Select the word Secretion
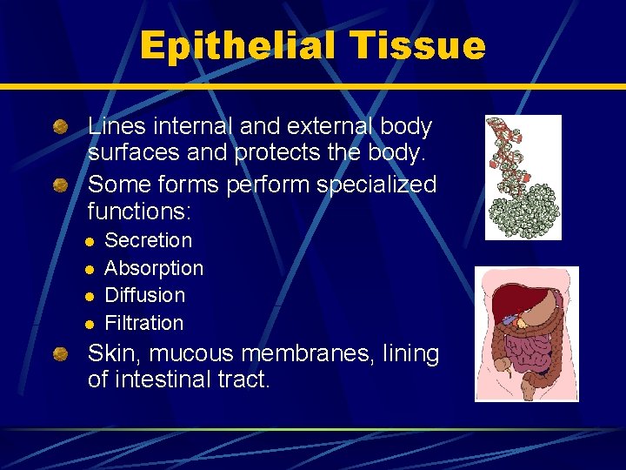pyautogui.click(x=148, y=240)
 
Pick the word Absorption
pyautogui.click(x=154, y=268)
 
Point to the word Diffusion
pyautogui.click(x=144, y=295)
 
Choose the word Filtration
pyautogui.click(x=143, y=323)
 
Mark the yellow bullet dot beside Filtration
pyautogui.click(x=90, y=325)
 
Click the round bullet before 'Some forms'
pyautogui.click(x=60, y=185)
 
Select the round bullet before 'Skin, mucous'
pyautogui.click(x=60, y=355)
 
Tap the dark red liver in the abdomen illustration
pyautogui.click(x=509, y=306)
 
